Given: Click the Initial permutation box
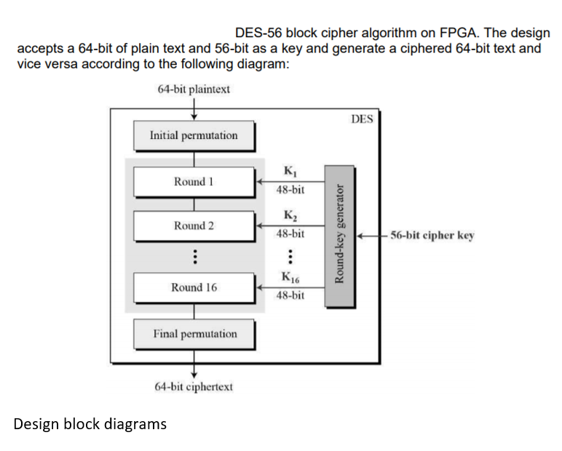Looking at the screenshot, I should click(194, 135).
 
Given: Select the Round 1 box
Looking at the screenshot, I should click(194, 181).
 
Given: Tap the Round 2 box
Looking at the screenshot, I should click(194, 225).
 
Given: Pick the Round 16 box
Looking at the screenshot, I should click(194, 287).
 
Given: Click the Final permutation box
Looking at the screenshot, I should click(194, 334).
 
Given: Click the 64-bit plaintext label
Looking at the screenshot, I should click(193, 89).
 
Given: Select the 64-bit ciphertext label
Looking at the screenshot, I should click(194, 386).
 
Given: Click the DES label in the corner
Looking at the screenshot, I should click(361, 119).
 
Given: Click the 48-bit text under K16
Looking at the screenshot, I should click(290, 296).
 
